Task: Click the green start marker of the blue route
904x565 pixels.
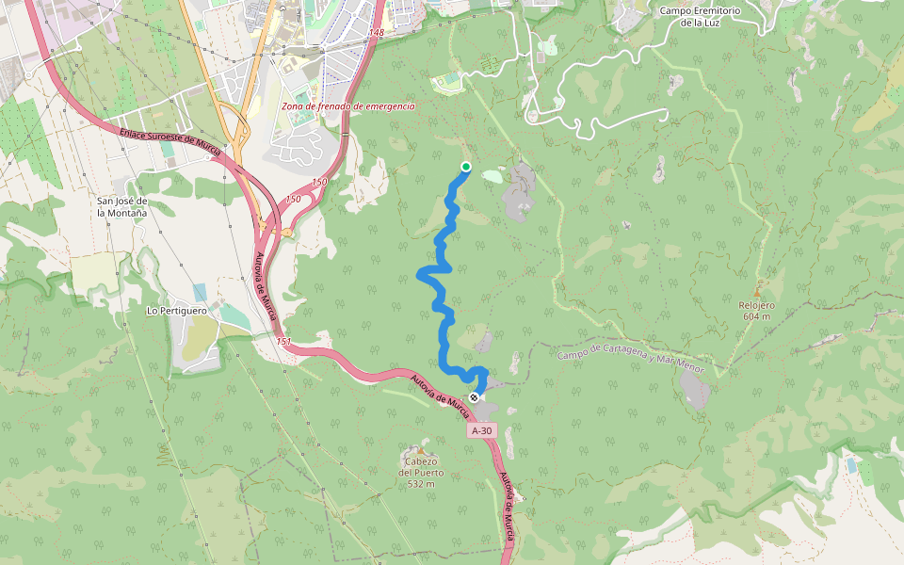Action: point(465,167)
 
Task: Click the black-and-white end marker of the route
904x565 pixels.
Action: point(474,397)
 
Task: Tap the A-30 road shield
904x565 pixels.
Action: point(481,430)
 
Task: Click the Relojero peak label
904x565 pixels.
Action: point(756,305)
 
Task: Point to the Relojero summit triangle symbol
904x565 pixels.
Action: point(756,292)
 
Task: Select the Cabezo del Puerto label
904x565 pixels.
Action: point(421,467)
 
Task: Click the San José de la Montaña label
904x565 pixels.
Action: point(122,207)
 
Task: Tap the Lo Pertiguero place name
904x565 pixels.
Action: point(175,309)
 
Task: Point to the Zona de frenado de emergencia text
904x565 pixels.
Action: point(347,106)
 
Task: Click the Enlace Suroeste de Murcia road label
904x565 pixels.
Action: point(169,142)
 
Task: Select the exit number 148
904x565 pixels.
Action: point(377,33)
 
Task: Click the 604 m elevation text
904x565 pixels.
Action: point(756,316)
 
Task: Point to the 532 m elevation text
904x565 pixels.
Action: point(421,484)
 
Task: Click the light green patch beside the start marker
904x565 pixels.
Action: point(492,175)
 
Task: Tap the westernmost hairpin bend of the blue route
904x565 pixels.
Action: point(420,274)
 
